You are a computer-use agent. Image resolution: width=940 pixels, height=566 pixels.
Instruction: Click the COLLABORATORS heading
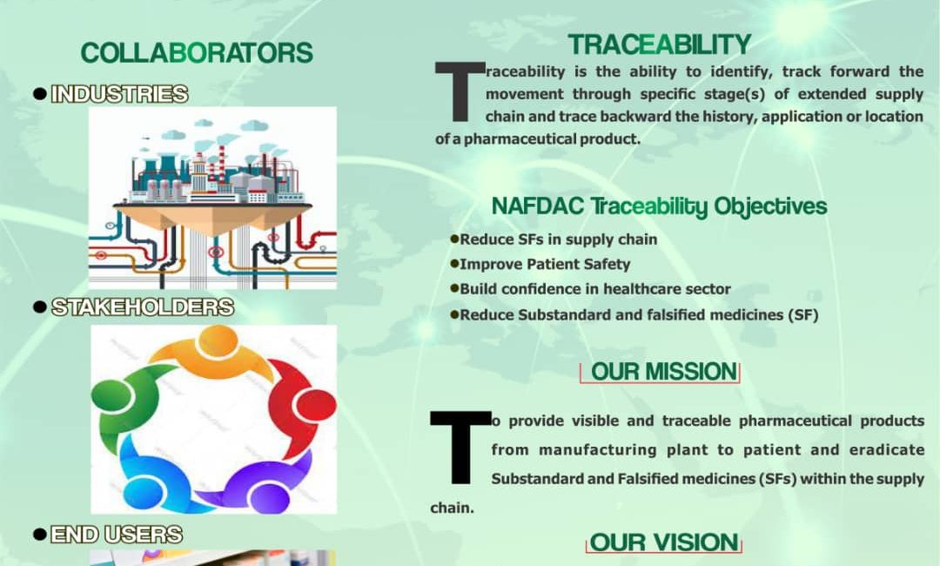click(x=197, y=53)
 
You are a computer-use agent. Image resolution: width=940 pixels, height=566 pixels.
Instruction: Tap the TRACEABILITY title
click(x=660, y=44)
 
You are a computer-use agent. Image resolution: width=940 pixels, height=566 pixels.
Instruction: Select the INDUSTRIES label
click(x=119, y=94)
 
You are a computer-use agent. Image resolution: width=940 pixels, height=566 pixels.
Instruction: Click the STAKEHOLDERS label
click(x=142, y=307)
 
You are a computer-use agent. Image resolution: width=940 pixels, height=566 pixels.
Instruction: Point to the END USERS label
click(x=117, y=535)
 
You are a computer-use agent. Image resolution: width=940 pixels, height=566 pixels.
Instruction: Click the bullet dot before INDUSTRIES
click(x=40, y=94)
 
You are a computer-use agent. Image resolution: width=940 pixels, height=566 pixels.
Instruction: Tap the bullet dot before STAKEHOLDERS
click(x=40, y=307)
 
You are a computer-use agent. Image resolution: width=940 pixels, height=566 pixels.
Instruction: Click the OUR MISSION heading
click(x=663, y=372)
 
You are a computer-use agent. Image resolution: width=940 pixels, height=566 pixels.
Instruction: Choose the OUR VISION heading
click(x=663, y=542)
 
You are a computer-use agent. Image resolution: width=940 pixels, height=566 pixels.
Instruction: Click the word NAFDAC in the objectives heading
click(x=537, y=206)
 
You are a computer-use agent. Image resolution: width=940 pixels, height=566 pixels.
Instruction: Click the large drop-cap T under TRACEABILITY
click(x=460, y=91)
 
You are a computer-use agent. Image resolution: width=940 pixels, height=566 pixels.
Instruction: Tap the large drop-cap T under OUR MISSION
click(x=460, y=448)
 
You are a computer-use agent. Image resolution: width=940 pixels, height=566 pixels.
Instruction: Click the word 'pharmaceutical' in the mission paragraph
click(x=795, y=421)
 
